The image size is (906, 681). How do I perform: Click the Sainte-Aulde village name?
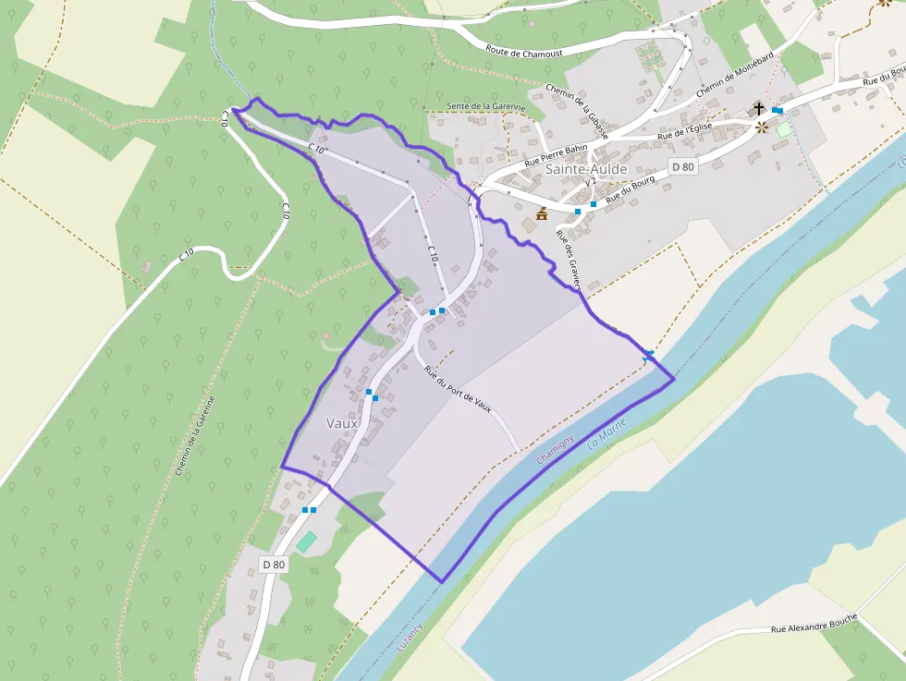pyautogui.click(x=586, y=169)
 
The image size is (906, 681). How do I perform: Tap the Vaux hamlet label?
pyautogui.click(x=342, y=423)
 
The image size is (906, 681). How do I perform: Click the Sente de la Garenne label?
pyautogui.click(x=485, y=106)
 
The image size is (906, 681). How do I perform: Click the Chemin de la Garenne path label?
pyautogui.click(x=195, y=435)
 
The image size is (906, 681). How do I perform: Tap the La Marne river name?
pyautogui.click(x=606, y=434)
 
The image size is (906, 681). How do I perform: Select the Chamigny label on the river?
pyautogui.click(x=556, y=449)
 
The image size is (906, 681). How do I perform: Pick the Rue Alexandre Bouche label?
pyautogui.click(x=814, y=623)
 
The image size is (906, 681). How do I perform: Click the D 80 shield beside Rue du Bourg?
pyautogui.click(x=682, y=167)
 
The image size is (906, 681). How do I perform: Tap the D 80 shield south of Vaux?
pyautogui.click(x=274, y=565)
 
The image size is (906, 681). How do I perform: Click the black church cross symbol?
pyautogui.click(x=759, y=109)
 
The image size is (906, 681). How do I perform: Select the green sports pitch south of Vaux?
pyautogui.click(x=306, y=541)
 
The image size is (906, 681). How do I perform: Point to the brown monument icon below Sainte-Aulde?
pyautogui.click(x=542, y=214)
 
